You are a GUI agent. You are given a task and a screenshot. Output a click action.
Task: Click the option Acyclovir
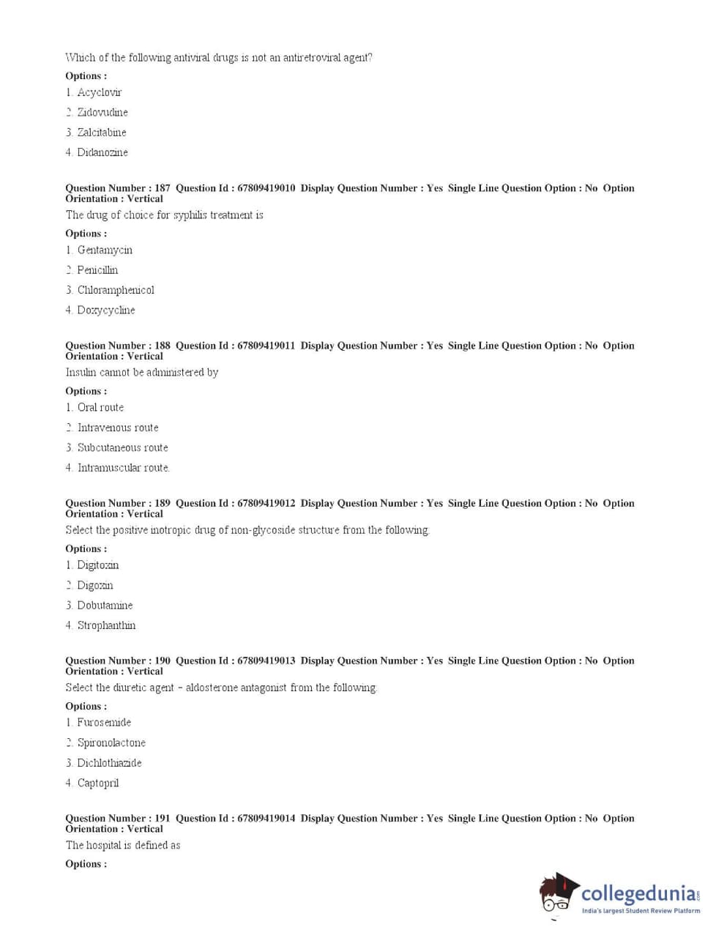click(x=100, y=92)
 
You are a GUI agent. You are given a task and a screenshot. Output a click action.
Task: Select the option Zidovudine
click(x=102, y=112)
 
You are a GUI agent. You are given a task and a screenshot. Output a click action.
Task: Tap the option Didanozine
click(x=102, y=152)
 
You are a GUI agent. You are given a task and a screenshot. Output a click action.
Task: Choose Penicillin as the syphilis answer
click(x=97, y=270)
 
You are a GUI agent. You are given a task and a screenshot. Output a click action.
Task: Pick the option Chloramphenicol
click(x=116, y=290)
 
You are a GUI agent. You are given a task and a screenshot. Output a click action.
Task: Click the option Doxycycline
click(x=106, y=310)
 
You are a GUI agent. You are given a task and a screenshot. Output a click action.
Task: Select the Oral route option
click(x=100, y=408)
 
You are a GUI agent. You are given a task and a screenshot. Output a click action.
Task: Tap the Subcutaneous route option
click(x=122, y=447)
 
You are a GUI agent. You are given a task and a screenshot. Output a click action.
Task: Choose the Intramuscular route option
click(x=123, y=468)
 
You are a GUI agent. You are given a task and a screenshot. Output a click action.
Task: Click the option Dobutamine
click(x=105, y=606)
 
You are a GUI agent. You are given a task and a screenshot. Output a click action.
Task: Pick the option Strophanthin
click(x=106, y=625)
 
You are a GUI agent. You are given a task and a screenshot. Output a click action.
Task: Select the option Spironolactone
click(x=111, y=743)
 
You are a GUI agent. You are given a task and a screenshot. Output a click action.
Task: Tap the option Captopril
click(x=97, y=783)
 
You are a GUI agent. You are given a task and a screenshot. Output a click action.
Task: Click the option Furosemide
click(x=104, y=723)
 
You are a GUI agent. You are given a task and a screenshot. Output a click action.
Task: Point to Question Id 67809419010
click(x=266, y=188)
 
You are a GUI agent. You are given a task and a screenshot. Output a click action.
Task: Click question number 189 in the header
click(x=163, y=503)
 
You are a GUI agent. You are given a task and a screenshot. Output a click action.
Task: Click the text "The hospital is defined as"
click(x=123, y=845)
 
